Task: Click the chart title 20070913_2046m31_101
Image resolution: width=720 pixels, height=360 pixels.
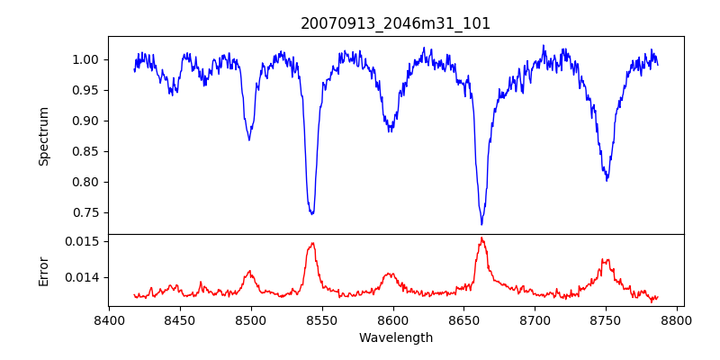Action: coord(396,23)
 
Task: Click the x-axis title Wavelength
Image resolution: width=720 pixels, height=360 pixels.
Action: coord(396,337)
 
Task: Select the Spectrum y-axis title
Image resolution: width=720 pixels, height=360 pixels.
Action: coord(44,135)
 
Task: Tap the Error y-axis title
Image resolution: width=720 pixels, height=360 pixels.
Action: coord(44,270)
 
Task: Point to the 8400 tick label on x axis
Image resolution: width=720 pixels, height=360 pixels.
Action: coord(109,319)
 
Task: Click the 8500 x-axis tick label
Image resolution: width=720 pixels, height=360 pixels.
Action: coord(250,319)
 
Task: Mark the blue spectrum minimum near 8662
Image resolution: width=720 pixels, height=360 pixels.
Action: coord(481,224)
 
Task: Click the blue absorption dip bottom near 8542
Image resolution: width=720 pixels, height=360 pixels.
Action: coord(311,214)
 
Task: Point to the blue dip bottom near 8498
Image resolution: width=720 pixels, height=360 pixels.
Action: coord(249,139)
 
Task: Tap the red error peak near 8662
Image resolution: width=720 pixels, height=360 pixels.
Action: coord(481,238)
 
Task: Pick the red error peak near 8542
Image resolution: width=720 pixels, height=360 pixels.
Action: coord(311,243)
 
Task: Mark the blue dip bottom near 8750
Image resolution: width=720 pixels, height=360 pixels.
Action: coord(607,180)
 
